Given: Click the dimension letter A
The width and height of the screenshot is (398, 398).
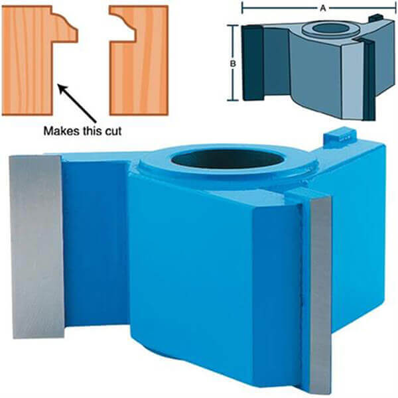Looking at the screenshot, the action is pos(322,9).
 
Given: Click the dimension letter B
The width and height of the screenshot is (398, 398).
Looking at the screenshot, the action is pos(233,64).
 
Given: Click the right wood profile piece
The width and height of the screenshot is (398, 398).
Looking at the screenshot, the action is pos(142,60).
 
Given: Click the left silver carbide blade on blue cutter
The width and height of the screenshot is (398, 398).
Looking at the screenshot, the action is pos(36,247).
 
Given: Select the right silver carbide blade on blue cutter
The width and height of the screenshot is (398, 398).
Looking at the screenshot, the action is pos(321,295).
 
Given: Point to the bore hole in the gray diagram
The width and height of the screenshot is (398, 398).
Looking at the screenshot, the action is pos(330,28).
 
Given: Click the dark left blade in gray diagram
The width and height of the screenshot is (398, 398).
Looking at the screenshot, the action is pos(252,63).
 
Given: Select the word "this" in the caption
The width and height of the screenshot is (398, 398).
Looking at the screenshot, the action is pos(94,131).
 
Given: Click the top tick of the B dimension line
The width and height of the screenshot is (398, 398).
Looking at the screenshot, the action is pos(233,25).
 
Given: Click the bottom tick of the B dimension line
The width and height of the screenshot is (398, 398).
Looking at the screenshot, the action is pos(233,100).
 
